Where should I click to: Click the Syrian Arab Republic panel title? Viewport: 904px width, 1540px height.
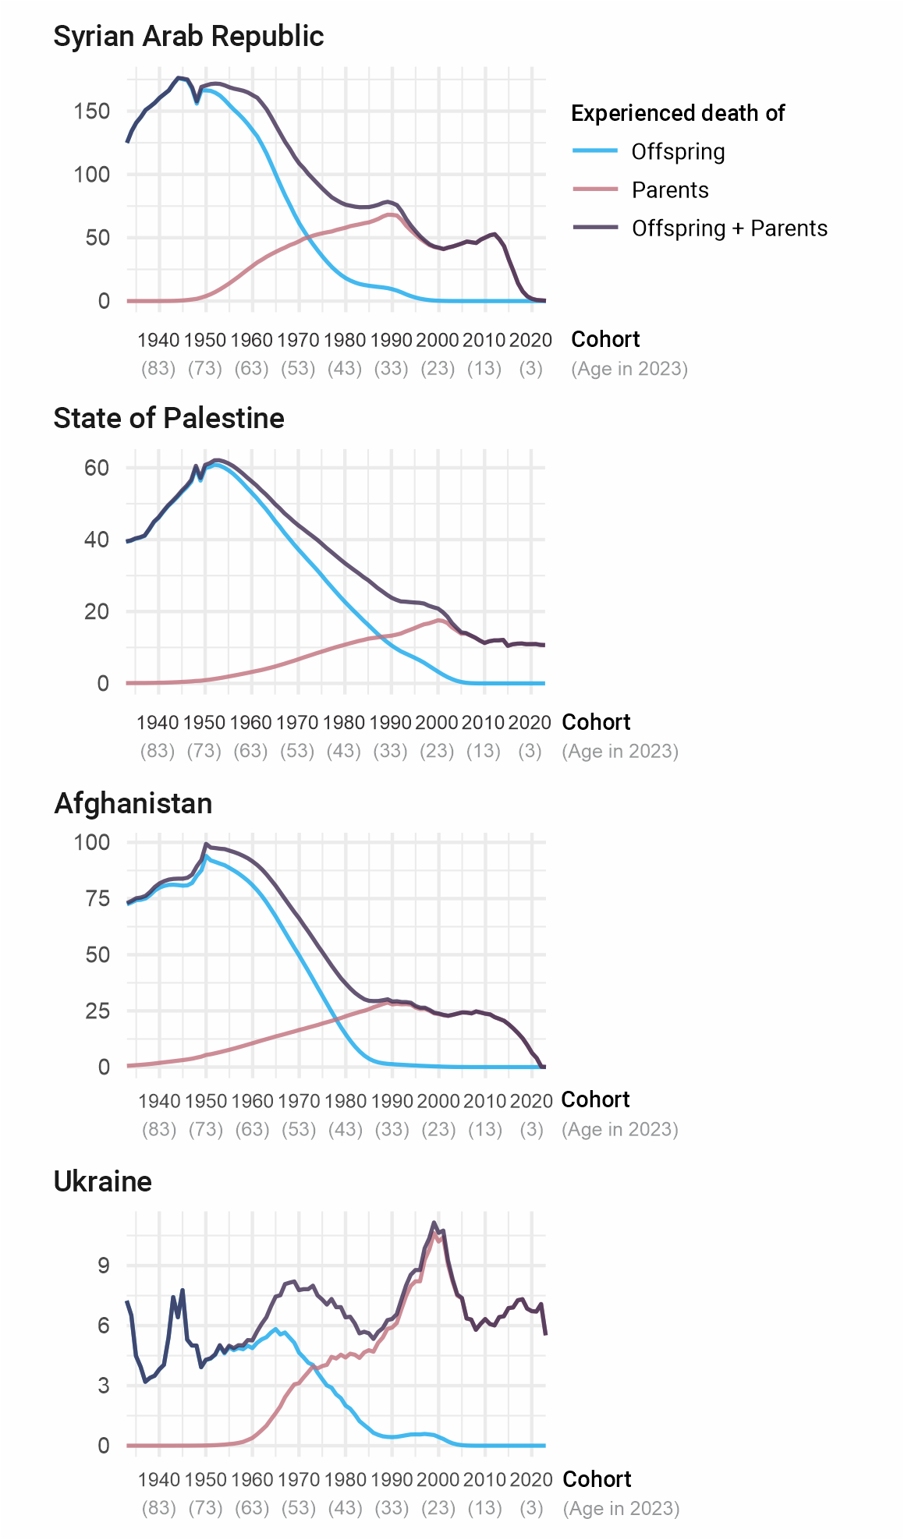(188, 37)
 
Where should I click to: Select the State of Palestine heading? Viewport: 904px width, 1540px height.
(168, 419)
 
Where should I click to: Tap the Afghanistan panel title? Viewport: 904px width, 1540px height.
(133, 804)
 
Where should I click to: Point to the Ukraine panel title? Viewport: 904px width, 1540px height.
(102, 1182)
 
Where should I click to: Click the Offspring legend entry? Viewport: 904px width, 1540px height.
(678, 152)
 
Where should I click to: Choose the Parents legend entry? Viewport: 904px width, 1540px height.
(670, 190)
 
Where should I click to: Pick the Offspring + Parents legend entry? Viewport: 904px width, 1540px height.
(729, 228)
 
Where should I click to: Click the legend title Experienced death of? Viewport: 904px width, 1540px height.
(677, 114)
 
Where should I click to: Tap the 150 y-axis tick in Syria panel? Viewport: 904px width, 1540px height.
(92, 111)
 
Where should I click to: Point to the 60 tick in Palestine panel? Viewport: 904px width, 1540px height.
(97, 468)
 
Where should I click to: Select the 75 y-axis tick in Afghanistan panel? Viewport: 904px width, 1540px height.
(97, 898)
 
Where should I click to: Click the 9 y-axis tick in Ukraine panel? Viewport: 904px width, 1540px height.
(104, 1265)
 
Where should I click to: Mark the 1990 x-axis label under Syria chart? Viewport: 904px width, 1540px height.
(391, 340)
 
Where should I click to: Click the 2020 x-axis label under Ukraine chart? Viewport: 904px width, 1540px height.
(531, 1480)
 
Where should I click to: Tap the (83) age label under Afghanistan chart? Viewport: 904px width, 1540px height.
(159, 1130)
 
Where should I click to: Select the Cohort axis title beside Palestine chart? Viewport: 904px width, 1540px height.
(596, 722)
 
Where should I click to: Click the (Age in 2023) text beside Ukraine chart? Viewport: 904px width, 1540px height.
(621, 1509)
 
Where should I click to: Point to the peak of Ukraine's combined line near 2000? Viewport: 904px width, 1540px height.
(434, 1223)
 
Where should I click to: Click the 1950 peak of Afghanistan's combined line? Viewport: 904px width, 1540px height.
(206, 844)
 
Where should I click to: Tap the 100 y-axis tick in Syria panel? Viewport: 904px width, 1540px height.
(92, 175)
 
